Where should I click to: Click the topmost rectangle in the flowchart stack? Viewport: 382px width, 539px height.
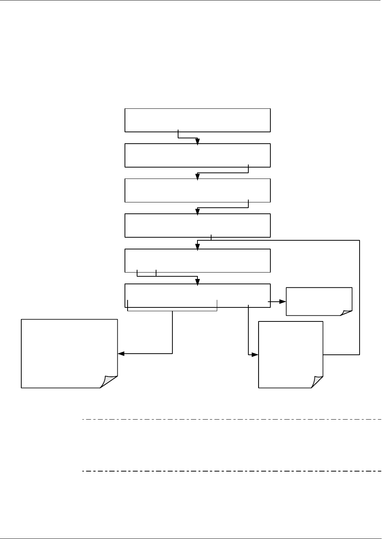[197, 120]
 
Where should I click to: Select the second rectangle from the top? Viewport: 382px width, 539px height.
[197, 155]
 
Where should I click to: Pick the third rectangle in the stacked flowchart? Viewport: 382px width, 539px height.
[197, 190]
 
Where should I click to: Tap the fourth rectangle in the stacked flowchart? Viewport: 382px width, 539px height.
[197, 226]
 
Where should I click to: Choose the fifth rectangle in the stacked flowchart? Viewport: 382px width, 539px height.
[197, 261]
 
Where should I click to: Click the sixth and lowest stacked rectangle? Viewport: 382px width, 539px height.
[197, 295]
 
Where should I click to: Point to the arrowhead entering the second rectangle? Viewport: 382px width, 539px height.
[197, 141]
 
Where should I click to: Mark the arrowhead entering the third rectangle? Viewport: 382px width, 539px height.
[197, 176]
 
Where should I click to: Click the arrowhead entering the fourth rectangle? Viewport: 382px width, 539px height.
[197, 212]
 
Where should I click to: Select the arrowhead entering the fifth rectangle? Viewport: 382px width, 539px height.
[197, 247]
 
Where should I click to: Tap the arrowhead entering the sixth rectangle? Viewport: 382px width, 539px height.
[197, 281]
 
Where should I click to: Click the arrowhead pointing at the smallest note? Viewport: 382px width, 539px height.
[283, 302]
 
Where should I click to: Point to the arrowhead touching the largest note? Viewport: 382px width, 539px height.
[121, 354]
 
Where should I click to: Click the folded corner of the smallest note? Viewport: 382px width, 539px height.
[346, 313]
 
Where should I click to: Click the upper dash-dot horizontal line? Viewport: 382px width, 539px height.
[232, 420]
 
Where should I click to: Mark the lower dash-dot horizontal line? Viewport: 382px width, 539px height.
[232, 471]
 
